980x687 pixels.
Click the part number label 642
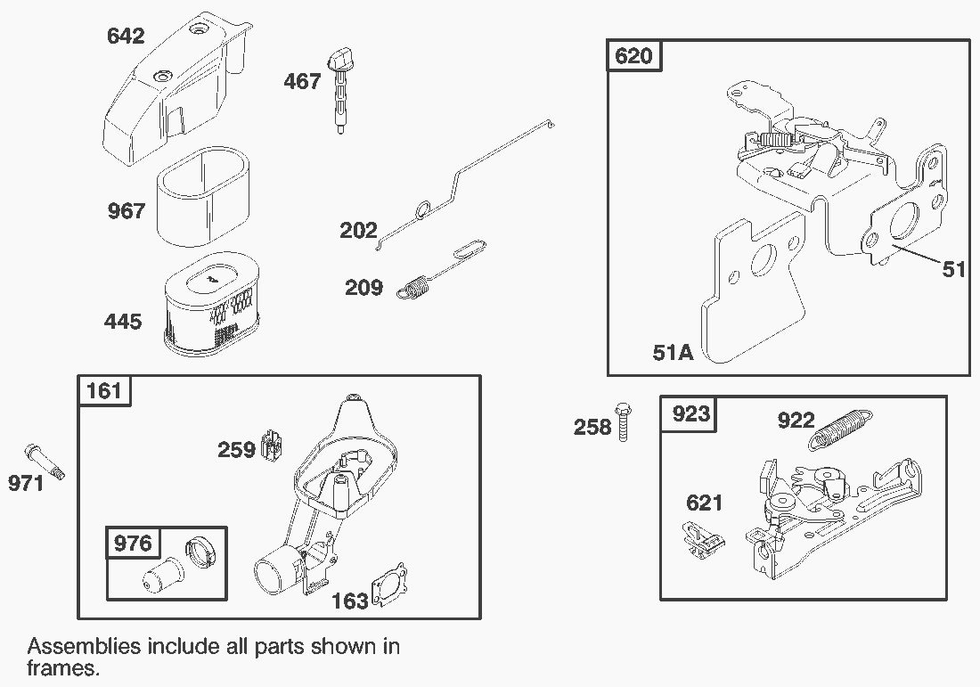click(x=126, y=37)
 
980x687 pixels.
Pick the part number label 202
click(x=358, y=231)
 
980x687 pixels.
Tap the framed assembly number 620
click(x=634, y=56)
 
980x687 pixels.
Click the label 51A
click(x=673, y=353)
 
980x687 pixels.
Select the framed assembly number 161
click(x=104, y=391)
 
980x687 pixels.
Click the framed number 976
click(x=133, y=543)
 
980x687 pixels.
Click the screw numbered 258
click(x=623, y=421)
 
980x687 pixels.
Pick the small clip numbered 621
click(x=701, y=538)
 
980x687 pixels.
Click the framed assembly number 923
click(x=690, y=413)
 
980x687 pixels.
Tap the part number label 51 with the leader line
click(x=953, y=269)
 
